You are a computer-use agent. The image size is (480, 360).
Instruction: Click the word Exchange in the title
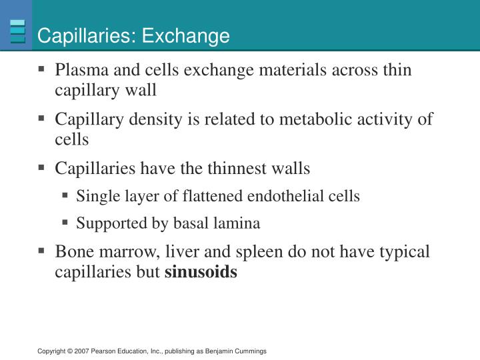[x=185, y=36]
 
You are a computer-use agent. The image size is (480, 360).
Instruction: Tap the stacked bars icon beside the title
[x=17, y=31]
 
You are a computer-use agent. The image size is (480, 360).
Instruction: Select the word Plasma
[x=82, y=70]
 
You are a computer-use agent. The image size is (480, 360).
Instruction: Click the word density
[x=155, y=119]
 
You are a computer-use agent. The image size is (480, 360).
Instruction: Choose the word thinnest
[x=237, y=169]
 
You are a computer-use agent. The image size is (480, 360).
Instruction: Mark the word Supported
[x=111, y=223]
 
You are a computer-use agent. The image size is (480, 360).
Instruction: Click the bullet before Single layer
[x=65, y=195]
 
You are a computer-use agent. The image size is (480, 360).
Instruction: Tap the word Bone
[x=75, y=251]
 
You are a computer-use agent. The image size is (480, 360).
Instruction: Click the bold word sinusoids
[x=201, y=272]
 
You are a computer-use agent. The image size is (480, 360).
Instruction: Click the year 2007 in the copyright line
[x=81, y=351]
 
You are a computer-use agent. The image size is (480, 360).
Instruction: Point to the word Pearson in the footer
[x=102, y=351]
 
